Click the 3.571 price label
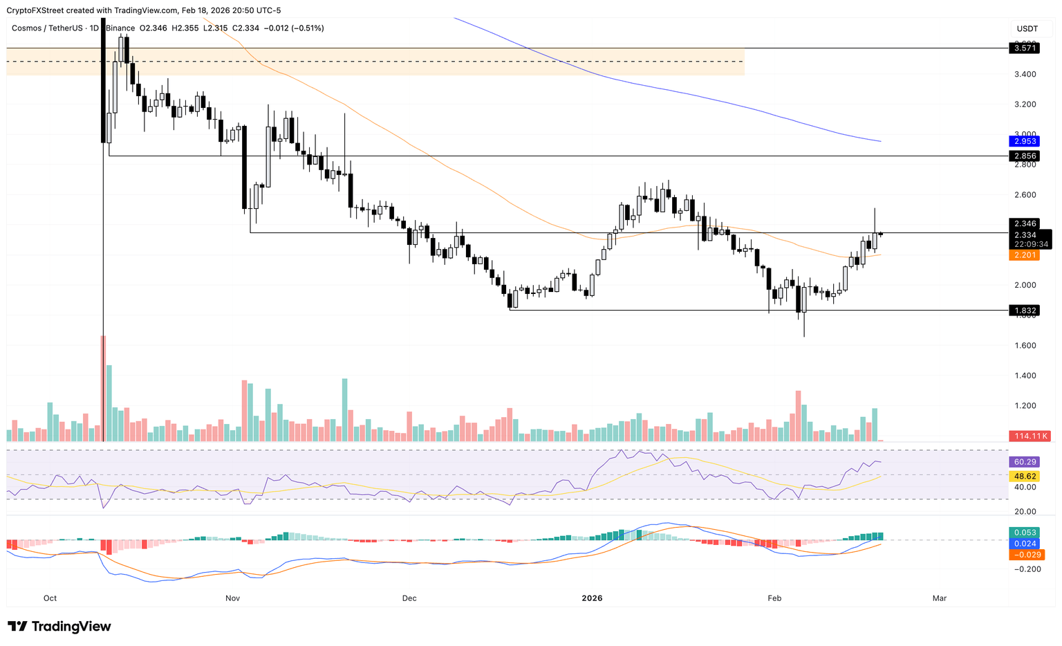coord(1024,48)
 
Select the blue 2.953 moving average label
coord(1024,141)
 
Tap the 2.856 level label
coord(1024,156)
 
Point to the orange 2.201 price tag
coord(1024,255)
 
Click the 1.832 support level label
coord(1024,311)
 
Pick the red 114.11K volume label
coord(1030,436)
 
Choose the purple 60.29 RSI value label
coord(1024,461)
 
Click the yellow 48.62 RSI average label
coord(1024,477)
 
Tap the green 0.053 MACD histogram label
coord(1024,532)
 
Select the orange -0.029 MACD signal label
coord(1026,555)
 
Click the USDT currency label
coord(1027,28)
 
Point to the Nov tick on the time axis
coord(232,598)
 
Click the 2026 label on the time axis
coord(592,598)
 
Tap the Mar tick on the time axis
coord(939,598)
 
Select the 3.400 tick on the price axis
coord(1025,74)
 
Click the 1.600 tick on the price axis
coord(1025,345)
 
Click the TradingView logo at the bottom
coord(59,627)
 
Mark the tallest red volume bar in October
coord(103,388)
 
